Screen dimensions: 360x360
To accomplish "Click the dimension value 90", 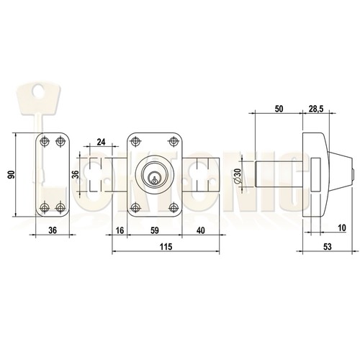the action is coord(11,175).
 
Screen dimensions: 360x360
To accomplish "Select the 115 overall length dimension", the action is coord(166,246).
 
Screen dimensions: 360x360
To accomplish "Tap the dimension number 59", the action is coord(155,230).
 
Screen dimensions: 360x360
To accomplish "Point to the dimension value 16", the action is coord(120,230).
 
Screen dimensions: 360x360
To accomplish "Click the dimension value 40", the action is coord(201,230).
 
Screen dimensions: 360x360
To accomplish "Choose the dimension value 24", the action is coord(101,142).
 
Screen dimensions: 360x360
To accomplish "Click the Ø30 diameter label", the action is coord(238,175).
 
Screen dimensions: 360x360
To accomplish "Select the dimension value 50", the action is coord(279,109).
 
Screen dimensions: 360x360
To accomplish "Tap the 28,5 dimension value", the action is coord(316,109).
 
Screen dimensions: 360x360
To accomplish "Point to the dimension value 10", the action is coord(342,228).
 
